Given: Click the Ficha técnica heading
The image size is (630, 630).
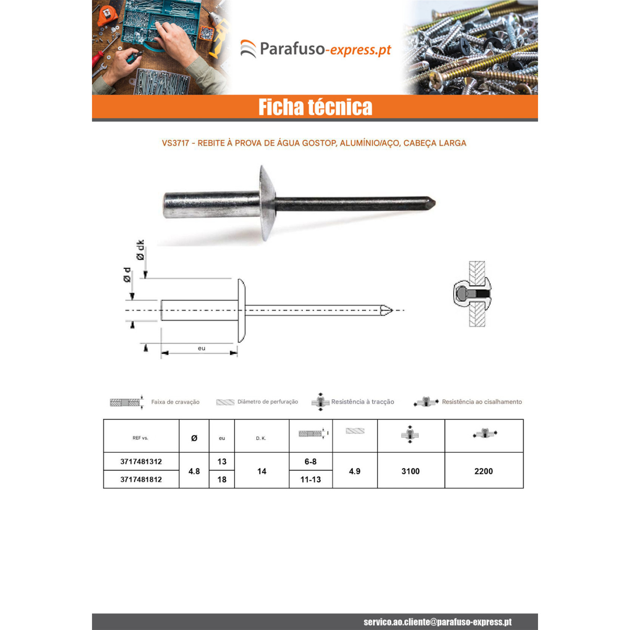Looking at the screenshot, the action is click(x=315, y=107).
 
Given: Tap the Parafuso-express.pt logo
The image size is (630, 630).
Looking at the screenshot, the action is click(x=315, y=49).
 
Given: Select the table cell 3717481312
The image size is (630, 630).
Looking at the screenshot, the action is click(x=141, y=462).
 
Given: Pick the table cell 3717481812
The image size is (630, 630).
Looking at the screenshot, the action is click(x=141, y=479).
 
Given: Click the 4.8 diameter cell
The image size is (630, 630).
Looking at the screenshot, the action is click(x=194, y=471).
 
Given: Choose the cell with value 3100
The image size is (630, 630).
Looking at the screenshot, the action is click(x=411, y=471).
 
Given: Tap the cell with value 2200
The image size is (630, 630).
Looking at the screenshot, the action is click(x=484, y=471).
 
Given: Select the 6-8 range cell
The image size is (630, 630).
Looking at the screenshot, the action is click(x=311, y=462).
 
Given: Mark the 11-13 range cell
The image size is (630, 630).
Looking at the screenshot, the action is click(x=311, y=479).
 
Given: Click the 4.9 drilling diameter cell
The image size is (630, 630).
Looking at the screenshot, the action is click(x=355, y=471).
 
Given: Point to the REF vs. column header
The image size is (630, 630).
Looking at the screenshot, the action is click(x=140, y=438).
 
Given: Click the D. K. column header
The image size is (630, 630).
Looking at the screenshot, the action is click(x=261, y=438).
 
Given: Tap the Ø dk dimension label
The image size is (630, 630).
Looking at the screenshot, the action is click(x=140, y=250).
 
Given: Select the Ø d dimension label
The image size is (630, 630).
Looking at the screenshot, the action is click(x=127, y=275).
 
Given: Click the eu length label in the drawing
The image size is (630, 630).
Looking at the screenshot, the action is click(x=202, y=348).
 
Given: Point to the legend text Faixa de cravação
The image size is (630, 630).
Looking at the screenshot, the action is click(x=175, y=402).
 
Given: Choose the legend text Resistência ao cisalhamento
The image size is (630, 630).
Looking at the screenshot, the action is click(x=482, y=402).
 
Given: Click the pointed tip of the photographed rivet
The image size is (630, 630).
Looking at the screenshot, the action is click(x=435, y=204).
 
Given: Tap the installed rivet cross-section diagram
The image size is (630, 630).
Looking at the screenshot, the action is click(x=473, y=294).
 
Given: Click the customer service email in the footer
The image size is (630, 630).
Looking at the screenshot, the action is click(x=438, y=622).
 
